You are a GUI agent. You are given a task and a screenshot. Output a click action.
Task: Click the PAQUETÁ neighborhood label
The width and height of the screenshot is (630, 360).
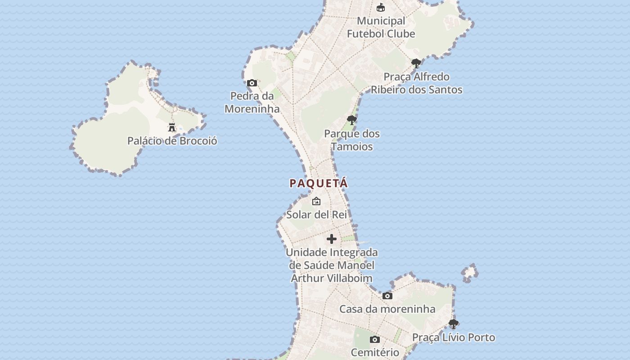319,183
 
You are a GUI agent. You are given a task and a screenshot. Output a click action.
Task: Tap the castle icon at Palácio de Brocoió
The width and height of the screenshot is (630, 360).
172,127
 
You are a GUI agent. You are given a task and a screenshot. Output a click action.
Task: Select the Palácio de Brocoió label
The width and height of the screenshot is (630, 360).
172,141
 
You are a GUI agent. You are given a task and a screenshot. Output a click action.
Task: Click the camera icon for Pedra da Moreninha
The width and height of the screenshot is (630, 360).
252,83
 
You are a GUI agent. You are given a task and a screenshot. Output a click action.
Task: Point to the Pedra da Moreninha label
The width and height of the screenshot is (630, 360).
252,102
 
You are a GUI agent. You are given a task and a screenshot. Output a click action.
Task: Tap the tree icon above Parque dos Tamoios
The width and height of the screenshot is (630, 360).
352,120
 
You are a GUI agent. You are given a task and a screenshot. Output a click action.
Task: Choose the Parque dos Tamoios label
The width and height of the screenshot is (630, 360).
352,140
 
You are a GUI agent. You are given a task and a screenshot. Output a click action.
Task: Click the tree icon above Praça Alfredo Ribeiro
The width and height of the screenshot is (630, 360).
416,63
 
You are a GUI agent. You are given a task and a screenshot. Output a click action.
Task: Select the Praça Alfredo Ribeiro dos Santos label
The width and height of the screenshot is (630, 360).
416,83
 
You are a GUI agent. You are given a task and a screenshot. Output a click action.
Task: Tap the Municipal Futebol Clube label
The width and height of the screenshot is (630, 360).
381,27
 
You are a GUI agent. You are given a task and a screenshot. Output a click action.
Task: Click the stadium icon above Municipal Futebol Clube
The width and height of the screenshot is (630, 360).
381,7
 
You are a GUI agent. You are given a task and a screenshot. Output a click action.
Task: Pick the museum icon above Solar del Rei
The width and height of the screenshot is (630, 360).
316,201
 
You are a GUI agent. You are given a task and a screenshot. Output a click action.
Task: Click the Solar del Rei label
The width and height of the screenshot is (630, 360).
317,214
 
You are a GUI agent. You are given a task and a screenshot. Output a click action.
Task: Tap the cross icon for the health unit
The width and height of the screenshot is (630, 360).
332,239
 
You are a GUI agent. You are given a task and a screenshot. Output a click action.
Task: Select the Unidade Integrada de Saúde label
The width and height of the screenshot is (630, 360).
332,265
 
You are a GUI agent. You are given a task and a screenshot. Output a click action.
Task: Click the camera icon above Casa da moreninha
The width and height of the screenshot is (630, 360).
387,296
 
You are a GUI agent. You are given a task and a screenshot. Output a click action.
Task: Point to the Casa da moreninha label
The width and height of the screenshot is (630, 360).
387,309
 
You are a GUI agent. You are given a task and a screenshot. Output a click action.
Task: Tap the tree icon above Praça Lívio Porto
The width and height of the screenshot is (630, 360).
454,324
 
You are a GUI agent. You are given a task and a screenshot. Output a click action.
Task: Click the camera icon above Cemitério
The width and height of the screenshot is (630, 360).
375,339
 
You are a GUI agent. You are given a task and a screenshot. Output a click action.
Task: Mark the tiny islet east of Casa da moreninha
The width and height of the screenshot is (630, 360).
470,272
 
